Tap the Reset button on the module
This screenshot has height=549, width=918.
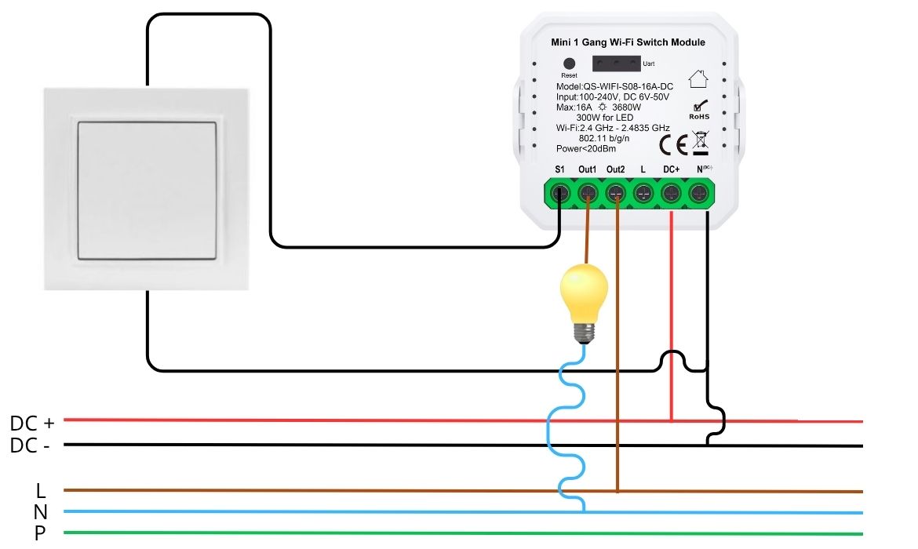pos(570,64)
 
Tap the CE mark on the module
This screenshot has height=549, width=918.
pos(673,144)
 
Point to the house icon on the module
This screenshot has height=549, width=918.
pos(698,78)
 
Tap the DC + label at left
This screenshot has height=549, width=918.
pos(32,424)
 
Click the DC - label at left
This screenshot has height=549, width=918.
pos(32,445)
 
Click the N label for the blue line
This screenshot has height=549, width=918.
pos(41,513)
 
